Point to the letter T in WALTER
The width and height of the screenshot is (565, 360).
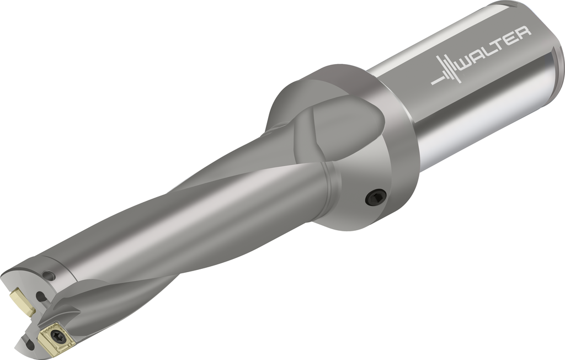[505, 43]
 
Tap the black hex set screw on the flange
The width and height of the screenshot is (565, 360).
[376, 197]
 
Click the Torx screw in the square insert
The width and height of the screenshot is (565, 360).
[57, 336]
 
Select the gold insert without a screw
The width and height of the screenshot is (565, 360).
[22, 300]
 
